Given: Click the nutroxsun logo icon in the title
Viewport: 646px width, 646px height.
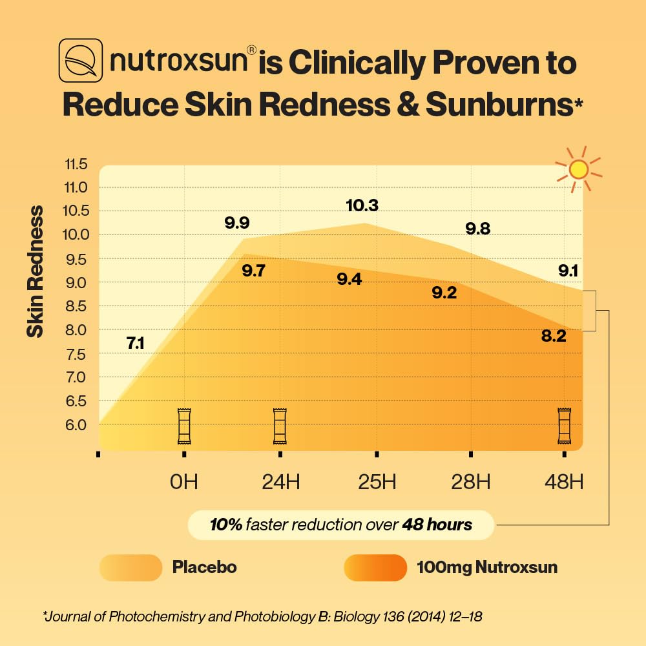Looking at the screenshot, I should [81, 61].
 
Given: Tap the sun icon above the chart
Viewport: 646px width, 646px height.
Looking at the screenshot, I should [578, 169].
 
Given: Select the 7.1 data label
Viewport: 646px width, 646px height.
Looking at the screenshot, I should [135, 344].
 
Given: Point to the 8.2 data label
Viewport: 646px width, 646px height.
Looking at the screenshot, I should [554, 335].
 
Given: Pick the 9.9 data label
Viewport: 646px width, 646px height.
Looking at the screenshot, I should [237, 224].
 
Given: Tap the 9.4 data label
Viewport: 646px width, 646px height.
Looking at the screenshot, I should [349, 280].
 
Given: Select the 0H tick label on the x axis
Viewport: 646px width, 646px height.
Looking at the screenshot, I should [184, 482].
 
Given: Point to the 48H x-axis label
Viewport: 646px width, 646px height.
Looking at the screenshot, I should [564, 482].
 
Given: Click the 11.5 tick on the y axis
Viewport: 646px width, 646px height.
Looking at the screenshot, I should [76, 164].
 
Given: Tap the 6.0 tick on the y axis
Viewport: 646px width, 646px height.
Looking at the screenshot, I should [76, 424].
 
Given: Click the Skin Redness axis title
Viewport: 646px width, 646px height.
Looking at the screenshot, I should [35, 271].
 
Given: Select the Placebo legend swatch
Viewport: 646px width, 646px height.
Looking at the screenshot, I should [130, 568].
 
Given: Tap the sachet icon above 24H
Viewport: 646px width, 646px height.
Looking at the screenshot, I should [280, 426].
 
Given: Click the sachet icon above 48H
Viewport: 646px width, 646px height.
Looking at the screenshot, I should [564, 426].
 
